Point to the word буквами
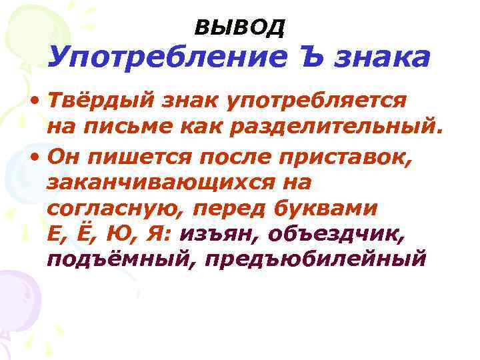tap(327, 209)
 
